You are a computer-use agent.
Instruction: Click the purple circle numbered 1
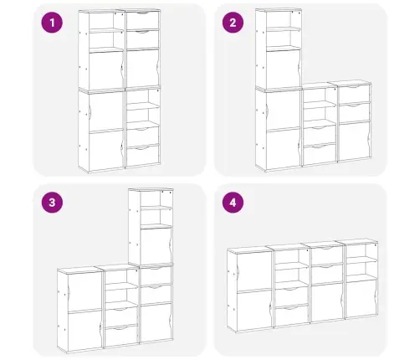click(x=52, y=23)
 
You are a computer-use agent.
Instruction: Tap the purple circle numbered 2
click(x=233, y=23)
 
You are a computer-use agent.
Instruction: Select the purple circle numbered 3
click(x=52, y=202)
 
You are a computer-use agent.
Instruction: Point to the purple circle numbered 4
click(x=233, y=202)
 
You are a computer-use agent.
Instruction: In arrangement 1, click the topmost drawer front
click(x=143, y=20)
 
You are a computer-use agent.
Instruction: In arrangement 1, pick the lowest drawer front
click(x=143, y=156)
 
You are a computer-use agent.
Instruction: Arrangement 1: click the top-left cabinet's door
click(x=106, y=69)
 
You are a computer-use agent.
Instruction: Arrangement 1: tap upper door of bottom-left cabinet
click(x=106, y=111)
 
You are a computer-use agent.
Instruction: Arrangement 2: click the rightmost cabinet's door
click(x=354, y=141)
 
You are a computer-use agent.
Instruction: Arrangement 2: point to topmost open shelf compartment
click(x=283, y=19)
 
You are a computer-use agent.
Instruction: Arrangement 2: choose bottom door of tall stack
click(x=283, y=149)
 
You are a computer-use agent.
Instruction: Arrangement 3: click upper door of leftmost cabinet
click(x=85, y=292)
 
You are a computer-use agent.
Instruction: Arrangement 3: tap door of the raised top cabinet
click(x=156, y=245)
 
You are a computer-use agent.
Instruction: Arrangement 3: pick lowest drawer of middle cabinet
click(x=121, y=336)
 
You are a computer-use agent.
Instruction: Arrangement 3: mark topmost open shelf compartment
click(x=156, y=199)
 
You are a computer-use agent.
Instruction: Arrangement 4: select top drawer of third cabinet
click(x=326, y=255)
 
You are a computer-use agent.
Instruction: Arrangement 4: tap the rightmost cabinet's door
click(x=361, y=299)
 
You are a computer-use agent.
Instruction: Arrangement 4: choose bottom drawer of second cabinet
click(x=292, y=315)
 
